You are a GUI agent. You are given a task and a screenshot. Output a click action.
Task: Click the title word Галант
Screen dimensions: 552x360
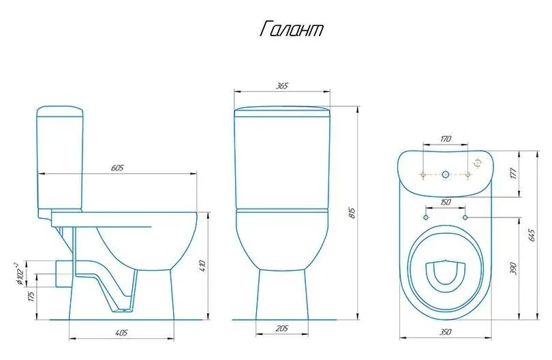pos(292,29)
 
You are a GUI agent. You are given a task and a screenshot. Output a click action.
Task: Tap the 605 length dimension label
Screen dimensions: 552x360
pos(117,168)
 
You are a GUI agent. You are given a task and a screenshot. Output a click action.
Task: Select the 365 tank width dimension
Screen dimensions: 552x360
pos(282,86)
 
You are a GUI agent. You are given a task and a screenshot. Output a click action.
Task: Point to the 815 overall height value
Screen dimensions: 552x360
pos(353,213)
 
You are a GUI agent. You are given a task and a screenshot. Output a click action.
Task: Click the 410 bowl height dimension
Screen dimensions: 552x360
pos(202,266)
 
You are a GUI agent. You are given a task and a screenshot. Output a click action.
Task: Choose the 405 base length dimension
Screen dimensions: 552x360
pos(121,333)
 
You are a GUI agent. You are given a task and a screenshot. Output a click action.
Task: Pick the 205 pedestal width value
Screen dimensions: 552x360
pos(281,329)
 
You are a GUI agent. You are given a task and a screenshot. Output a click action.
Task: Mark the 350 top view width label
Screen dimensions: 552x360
pos(445,332)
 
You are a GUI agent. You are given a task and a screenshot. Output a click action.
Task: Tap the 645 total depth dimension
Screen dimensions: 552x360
pos(532,235)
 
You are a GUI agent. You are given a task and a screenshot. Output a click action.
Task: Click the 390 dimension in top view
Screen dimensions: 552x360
pos(514,269)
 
